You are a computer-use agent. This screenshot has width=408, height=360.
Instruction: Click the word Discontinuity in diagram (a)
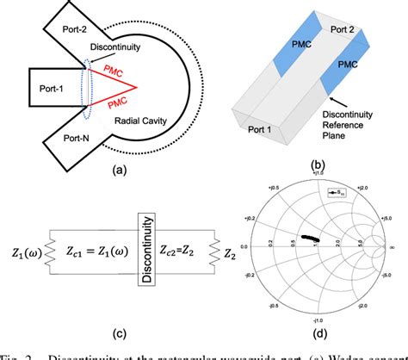pyautogui.click(x=117, y=48)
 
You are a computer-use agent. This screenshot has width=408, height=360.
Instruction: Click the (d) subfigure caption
pyautogui.click(x=326, y=332)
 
